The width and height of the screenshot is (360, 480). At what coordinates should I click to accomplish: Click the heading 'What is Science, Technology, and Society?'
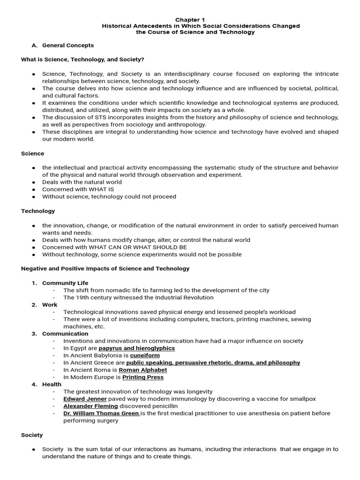coord(82,60)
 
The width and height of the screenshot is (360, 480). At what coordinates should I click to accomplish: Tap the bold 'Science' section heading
coord(33,153)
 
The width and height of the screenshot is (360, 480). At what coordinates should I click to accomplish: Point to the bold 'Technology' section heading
coord(38,211)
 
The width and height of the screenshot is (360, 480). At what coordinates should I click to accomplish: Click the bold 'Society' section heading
coord(32,435)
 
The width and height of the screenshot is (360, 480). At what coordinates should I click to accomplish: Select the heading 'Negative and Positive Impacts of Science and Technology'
coord(105,269)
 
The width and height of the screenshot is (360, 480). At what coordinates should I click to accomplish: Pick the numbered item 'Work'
coord(50,305)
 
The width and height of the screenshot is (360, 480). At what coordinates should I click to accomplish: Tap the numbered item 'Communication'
coord(65,334)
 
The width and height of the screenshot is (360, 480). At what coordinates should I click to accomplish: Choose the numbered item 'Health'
coord(52,384)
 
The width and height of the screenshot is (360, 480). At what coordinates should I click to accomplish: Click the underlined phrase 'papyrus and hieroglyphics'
coord(136,348)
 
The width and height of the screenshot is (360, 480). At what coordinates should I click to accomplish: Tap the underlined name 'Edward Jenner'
coord(85,399)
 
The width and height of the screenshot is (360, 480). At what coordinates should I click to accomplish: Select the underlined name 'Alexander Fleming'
coord(90,406)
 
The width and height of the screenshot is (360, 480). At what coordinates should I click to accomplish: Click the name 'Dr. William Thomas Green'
coord(101,413)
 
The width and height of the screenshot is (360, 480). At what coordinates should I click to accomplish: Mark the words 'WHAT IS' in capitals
coord(102,189)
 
